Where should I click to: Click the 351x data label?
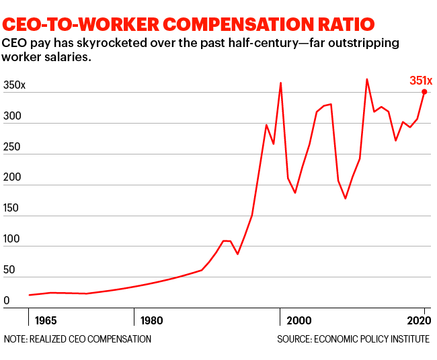(422, 81)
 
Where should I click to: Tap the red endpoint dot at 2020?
(424, 92)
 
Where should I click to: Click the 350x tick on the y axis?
(14, 86)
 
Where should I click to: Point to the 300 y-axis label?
(11, 117)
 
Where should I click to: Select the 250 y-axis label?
(11, 147)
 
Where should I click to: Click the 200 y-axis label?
(11, 179)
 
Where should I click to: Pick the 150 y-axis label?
(11, 209)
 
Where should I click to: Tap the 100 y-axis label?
(11, 240)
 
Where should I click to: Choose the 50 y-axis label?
(9, 271)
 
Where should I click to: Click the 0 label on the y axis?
(6, 301)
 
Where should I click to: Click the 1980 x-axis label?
(150, 319)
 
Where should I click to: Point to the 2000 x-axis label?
(298, 319)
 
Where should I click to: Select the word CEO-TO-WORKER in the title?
(75, 24)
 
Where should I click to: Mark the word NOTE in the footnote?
(15, 339)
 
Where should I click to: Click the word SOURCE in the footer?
(296, 339)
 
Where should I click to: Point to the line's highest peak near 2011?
(366, 79)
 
